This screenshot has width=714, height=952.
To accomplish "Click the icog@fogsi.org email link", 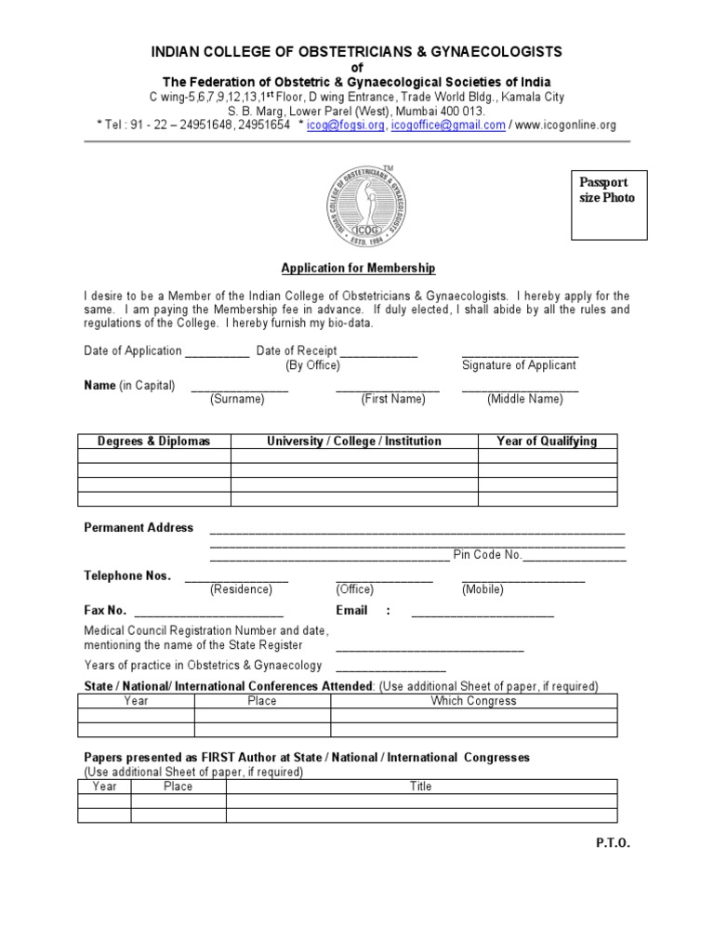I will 345,125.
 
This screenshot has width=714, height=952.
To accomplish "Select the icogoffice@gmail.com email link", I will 448,125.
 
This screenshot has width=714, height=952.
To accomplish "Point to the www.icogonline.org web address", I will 565,125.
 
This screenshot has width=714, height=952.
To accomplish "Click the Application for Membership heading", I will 357,268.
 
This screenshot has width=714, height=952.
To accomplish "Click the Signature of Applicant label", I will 519,365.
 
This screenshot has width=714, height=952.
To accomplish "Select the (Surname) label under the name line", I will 237,399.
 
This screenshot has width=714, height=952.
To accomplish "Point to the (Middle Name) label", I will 524,399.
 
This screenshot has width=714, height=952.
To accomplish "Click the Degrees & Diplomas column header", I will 154,442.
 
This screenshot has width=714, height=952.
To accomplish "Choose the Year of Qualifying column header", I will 547,442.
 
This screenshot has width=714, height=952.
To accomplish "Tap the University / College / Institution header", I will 354,442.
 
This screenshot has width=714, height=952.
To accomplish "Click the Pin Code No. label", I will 488,555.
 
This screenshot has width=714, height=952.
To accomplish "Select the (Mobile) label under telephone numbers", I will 483,589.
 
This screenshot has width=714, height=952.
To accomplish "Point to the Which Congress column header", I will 473,701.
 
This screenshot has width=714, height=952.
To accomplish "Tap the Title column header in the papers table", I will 420,787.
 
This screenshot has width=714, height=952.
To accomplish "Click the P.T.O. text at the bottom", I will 613,842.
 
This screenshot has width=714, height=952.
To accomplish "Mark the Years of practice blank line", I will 390,668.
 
